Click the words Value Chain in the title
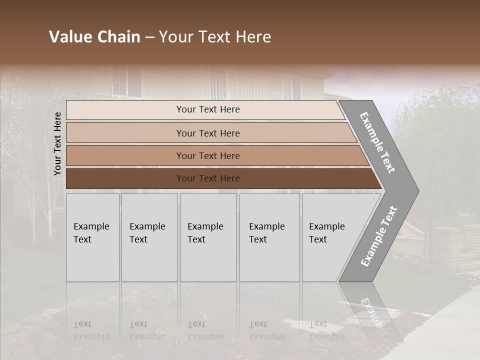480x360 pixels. coord(94,37)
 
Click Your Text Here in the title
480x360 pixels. coord(215,37)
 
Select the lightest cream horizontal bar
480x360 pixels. coord(125,110)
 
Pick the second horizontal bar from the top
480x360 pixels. coord(125,133)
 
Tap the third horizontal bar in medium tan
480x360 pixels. coord(125,155)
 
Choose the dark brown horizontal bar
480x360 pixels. coord(125,178)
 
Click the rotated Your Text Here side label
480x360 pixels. coord(57,143)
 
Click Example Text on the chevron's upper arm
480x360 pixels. coord(377,142)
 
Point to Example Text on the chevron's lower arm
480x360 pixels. coord(379,236)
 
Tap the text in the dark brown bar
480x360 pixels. coord(208,178)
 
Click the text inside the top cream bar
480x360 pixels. coord(208,109)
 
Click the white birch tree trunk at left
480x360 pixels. coord(50,210)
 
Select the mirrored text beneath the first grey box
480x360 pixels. coord(91,330)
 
